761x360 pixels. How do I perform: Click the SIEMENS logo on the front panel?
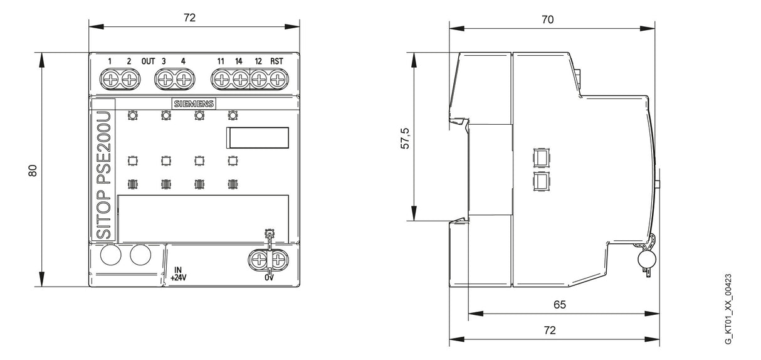pos(194,103)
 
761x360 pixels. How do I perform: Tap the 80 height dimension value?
pos(32,171)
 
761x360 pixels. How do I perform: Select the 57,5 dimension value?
pos(406,139)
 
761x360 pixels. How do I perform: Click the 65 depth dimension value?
pos(560,304)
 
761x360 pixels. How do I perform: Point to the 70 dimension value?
pos(547,19)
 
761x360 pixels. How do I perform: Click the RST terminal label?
pos(276,61)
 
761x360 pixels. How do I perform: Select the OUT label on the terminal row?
pos(148,61)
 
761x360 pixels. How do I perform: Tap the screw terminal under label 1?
pos(110,80)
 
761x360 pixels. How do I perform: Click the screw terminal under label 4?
pos(183,80)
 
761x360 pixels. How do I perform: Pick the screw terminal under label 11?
pos(221,80)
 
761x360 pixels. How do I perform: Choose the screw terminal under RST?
pos(277,80)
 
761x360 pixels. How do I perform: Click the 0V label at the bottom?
pos(269,278)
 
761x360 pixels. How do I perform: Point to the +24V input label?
pos(179,278)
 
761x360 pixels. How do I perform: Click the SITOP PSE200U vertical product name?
pos(103,176)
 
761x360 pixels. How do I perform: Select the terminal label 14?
pos(238,61)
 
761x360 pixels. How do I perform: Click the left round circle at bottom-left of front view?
pos(110,255)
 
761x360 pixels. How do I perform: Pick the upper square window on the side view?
pos(542,157)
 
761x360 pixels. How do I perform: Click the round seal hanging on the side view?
pos(646,260)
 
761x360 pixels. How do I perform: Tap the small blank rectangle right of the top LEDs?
pos(258,138)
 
